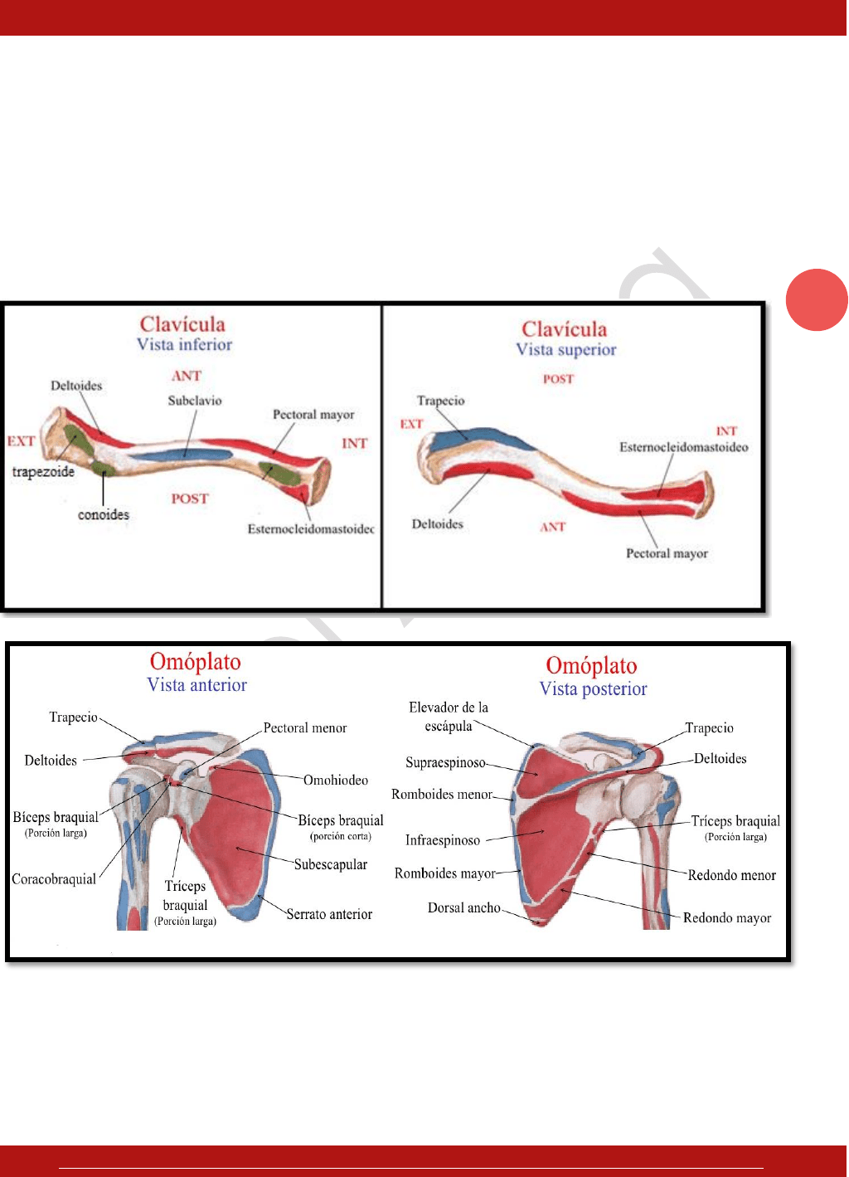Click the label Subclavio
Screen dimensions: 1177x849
[x=195, y=401]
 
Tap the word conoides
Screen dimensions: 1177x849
[x=104, y=515]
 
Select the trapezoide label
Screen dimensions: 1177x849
[x=43, y=472]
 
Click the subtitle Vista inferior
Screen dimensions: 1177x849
[x=184, y=345]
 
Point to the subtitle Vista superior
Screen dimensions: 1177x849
[x=566, y=350]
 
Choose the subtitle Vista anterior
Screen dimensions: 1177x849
[x=196, y=685]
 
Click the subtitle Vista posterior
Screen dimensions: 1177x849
[x=593, y=689]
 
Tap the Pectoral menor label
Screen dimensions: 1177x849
[x=305, y=728]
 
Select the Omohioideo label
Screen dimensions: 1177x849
[x=336, y=781]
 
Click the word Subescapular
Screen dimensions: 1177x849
[x=331, y=864]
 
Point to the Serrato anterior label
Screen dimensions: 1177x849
[x=329, y=914]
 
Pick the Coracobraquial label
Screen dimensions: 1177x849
[x=54, y=879]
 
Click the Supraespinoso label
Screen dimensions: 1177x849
[x=445, y=762]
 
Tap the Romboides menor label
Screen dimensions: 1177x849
[x=442, y=795]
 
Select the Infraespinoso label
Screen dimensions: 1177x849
[x=443, y=840]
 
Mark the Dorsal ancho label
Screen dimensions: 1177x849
[x=464, y=908]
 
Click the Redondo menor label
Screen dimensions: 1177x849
[x=731, y=875]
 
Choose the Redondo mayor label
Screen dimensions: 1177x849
[x=727, y=918]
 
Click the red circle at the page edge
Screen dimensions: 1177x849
[x=817, y=300]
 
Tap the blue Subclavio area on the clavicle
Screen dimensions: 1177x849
[x=182, y=455]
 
